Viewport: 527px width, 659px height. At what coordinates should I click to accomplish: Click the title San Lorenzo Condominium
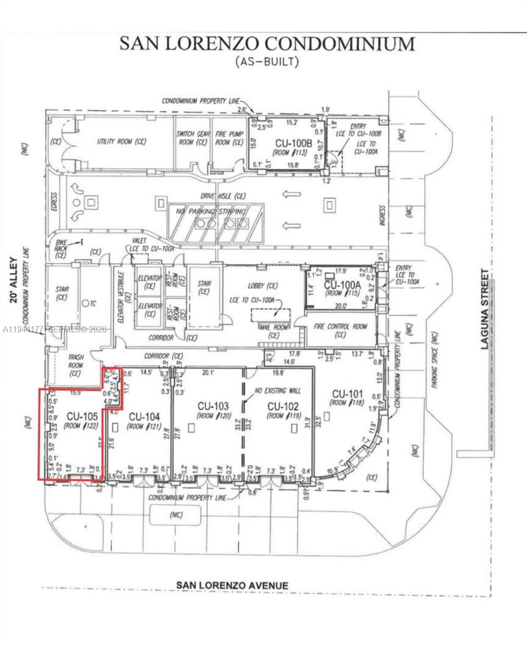click(267, 44)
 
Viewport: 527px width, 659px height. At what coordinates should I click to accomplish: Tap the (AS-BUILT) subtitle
click(267, 62)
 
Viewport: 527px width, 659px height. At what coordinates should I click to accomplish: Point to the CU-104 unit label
click(145, 417)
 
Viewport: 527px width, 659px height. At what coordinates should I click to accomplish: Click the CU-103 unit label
click(213, 406)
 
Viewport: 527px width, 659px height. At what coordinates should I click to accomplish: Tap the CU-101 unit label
click(347, 394)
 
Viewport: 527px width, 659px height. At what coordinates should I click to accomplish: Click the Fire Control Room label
click(340, 326)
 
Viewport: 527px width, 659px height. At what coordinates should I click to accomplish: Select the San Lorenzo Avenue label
click(232, 585)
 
